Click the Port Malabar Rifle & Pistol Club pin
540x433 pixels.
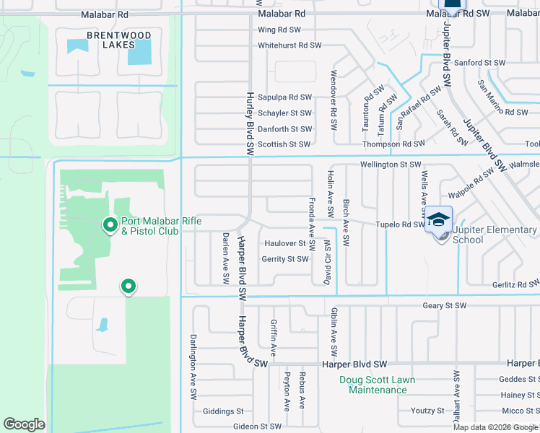[110, 226]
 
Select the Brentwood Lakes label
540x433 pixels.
[119, 40]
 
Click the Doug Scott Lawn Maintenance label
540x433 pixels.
[378, 385]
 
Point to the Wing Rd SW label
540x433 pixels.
[279, 30]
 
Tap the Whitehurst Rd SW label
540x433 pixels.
[289, 45]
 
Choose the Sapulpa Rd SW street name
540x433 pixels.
[284, 97]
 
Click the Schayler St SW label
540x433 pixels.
[284, 113]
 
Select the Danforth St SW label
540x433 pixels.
[284, 129]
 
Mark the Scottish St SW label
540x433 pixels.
[284, 144]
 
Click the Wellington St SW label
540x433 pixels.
[391, 165]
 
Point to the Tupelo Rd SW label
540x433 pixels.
[399, 224]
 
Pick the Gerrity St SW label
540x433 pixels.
[285, 259]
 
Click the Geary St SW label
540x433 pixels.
[445, 306]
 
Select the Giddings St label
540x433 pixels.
[223, 411]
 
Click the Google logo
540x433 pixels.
[25, 424]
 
